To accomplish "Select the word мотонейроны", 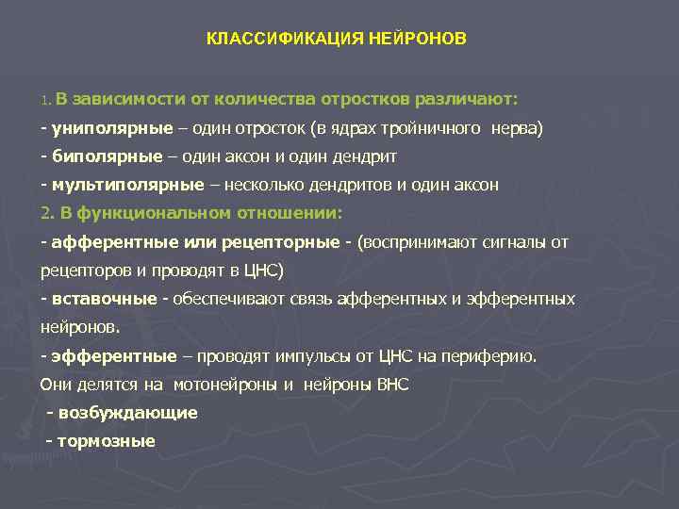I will click(x=222, y=385).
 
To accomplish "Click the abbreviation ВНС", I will click(x=393, y=385).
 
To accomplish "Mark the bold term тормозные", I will click(x=107, y=441).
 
